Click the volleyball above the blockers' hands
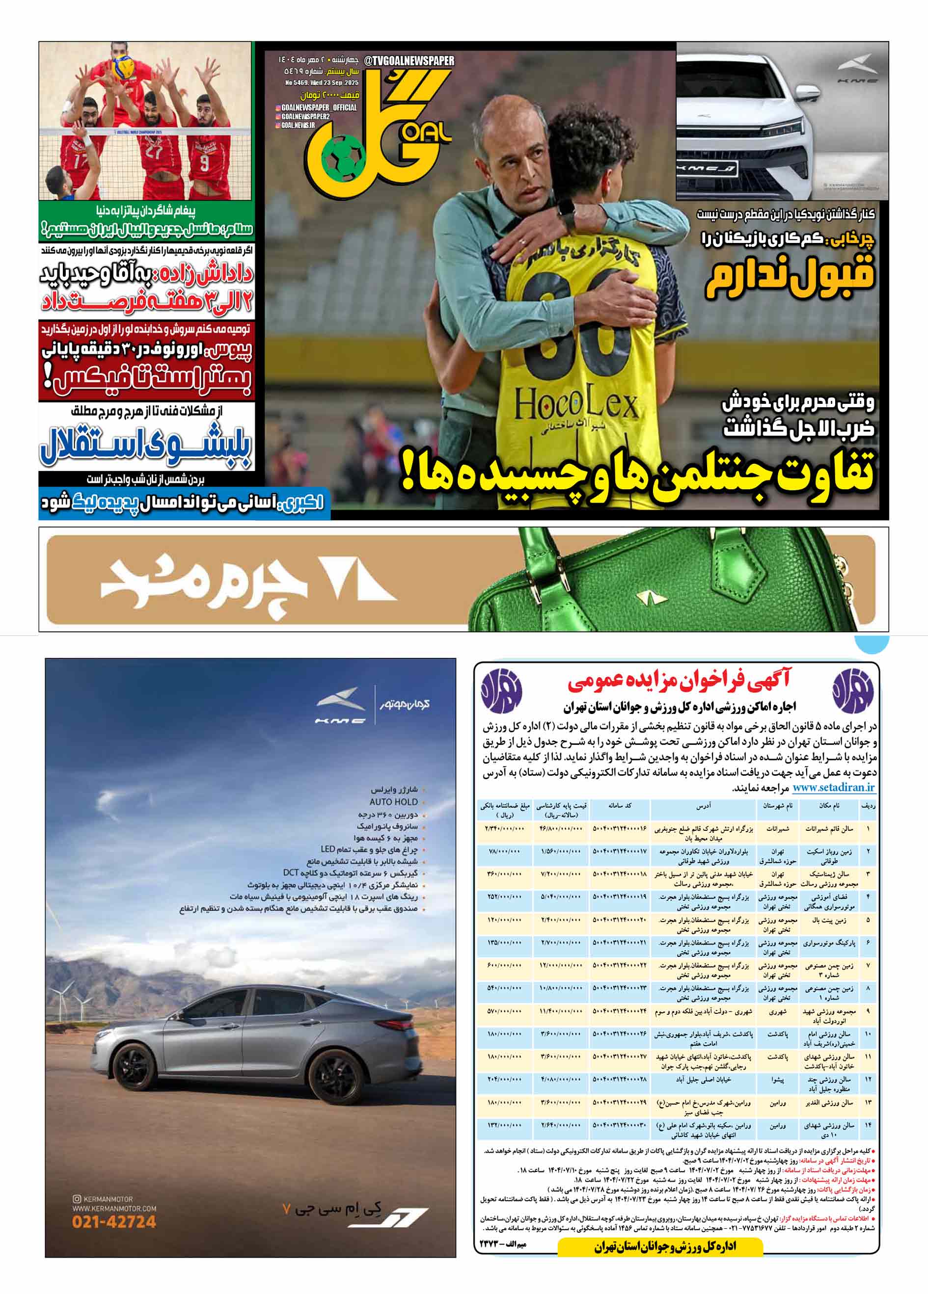[x=123, y=67]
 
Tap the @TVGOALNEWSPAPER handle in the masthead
[x=409, y=60]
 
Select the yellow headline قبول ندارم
[x=790, y=277]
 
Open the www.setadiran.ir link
[x=833, y=788]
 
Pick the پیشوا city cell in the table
[x=777, y=1080]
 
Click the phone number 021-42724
[x=114, y=1221]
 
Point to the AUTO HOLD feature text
[x=393, y=802]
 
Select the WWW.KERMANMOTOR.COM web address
[x=114, y=1208]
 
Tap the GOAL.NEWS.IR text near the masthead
[x=298, y=125]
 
